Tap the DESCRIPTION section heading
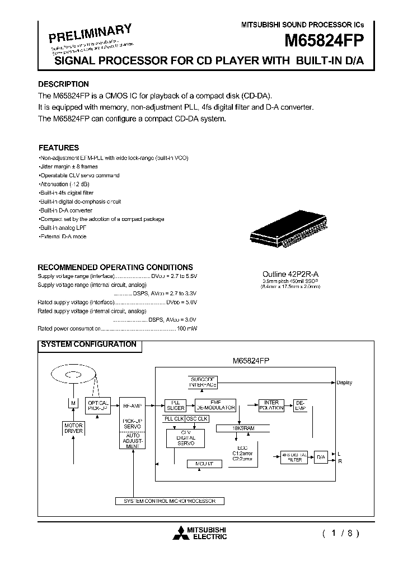(63, 84)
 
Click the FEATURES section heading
(58, 148)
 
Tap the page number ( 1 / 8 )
(340, 533)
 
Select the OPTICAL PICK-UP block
(99, 405)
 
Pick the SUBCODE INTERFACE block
(203, 383)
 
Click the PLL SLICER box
(175, 405)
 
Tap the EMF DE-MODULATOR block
(215, 405)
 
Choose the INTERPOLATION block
(272, 405)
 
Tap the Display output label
(344, 383)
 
